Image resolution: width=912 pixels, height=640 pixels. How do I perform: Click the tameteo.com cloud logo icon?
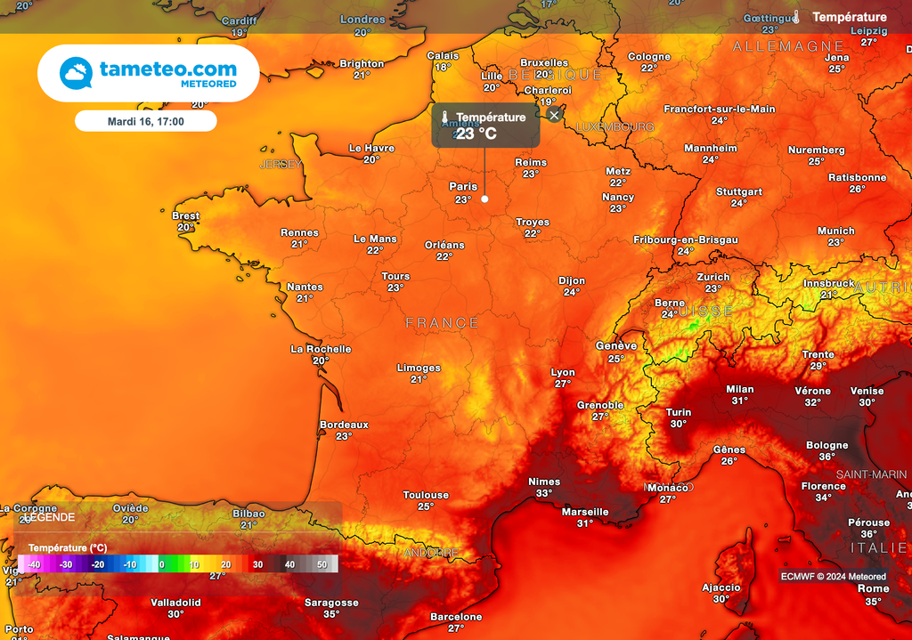coord(76,73)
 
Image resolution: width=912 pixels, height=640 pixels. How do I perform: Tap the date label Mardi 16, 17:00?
coord(145,121)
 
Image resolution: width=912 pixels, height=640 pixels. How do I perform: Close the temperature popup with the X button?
coord(554,115)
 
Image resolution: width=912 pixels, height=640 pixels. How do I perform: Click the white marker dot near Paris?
coord(484,198)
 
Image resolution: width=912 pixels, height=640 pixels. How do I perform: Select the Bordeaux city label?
coord(344,425)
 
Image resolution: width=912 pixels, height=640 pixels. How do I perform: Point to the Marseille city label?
coord(585,512)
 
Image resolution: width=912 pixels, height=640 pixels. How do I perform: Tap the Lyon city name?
coord(563,372)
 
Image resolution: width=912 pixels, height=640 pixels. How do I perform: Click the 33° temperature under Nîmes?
coord(544,493)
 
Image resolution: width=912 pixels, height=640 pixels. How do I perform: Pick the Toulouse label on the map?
coord(426,495)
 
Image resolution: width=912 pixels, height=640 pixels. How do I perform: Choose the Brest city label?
coord(185,215)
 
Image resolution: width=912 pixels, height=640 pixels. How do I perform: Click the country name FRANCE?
coord(443,323)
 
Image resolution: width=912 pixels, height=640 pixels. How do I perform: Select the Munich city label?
coord(835,231)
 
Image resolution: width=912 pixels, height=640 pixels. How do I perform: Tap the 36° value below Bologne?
coord(827,457)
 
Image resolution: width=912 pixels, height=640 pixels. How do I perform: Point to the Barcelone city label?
coord(456,616)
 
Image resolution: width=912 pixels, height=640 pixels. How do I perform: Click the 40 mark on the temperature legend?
coord(289,564)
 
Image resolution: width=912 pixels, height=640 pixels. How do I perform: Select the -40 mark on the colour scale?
coord(34,564)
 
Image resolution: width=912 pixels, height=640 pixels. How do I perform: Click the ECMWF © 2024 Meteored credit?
coord(834,576)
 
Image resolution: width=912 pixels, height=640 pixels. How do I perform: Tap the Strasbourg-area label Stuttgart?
coord(739,191)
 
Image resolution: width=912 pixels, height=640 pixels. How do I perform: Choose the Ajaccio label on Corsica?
coord(721,587)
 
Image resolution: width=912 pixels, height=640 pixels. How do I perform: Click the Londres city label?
coord(362,20)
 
